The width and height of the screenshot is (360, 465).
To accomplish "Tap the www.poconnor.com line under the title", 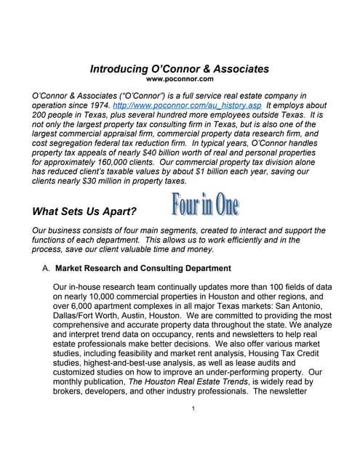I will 180,78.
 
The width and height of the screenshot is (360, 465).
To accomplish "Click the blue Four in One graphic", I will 204,205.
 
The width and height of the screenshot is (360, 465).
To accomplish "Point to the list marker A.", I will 46,268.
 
